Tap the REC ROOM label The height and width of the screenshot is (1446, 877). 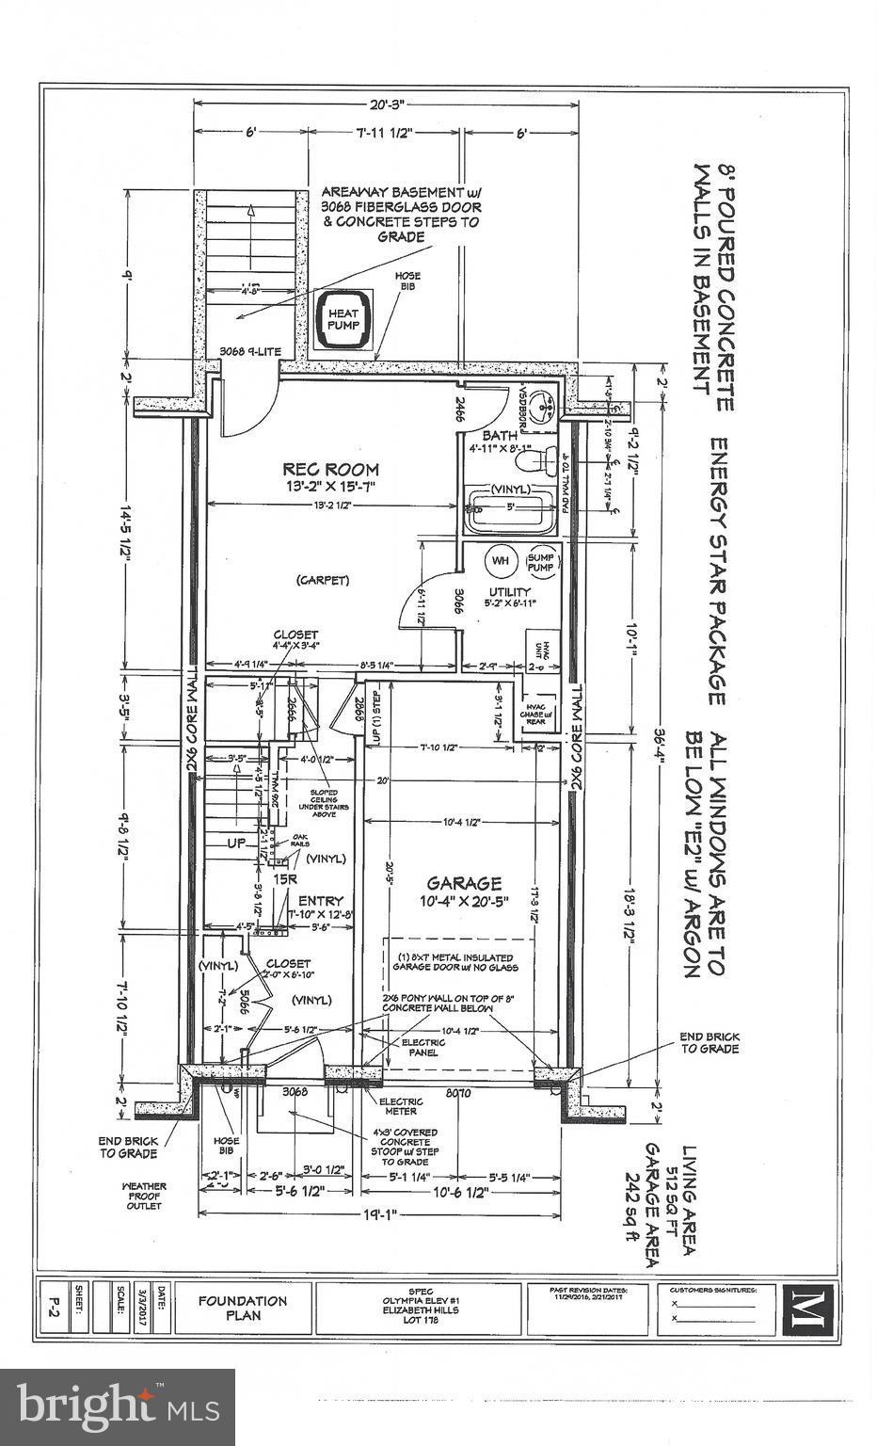pos(331,469)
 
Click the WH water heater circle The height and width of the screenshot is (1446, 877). pos(500,561)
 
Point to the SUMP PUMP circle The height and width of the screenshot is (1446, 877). pos(541,561)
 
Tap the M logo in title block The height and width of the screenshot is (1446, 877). pos(806,1308)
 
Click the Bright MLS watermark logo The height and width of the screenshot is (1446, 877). pos(118,1406)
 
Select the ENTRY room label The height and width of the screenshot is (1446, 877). pos(320,900)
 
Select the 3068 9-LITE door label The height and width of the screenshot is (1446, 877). pos(245,351)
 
